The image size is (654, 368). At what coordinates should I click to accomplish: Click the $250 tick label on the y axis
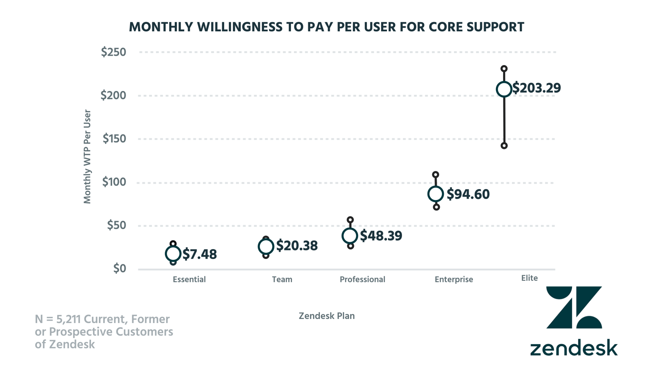113,52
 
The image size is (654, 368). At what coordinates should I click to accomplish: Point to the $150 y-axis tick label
114,139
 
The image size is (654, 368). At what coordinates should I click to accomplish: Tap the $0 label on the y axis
120,269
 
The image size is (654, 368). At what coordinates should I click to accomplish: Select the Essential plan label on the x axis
189,280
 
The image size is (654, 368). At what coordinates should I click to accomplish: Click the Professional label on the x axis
362,280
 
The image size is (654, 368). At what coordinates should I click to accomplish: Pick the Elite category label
529,278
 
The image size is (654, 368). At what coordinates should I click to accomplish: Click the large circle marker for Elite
504,89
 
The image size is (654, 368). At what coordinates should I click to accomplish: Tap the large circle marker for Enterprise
436,194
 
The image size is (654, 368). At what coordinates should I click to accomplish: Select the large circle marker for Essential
173,253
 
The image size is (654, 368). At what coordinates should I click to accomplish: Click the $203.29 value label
537,88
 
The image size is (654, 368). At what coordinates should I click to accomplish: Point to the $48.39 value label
381,236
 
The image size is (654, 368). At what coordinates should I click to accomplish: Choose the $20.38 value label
297,246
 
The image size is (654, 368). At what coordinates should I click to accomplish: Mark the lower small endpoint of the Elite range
504,146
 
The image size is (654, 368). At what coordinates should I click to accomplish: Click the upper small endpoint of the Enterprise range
436,175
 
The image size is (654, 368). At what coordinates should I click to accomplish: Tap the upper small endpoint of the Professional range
350,220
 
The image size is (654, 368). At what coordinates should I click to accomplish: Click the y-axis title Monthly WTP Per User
87,157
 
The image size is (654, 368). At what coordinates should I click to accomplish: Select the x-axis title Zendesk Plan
326,316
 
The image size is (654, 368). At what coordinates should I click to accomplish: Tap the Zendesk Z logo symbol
574,307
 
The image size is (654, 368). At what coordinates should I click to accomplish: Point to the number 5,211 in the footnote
68,319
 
